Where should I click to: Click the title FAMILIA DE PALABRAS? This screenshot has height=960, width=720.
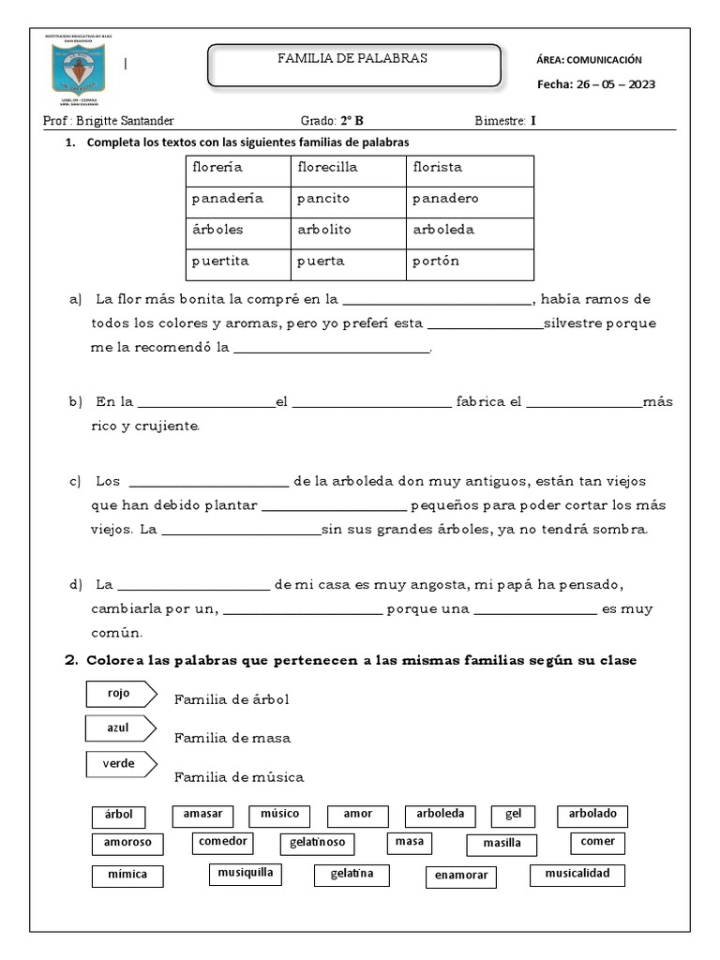(352, 58)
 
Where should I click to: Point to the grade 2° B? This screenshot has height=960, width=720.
(354, 121)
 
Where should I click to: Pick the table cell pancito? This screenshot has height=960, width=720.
(323, 199)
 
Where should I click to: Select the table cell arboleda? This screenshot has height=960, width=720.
(442, 230)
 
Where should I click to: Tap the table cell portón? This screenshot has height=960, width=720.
(436, 262)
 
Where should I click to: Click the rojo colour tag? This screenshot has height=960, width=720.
(120, 694)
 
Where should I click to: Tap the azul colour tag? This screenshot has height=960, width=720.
(120, 728)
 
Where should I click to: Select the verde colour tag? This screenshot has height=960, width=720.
(120, 764)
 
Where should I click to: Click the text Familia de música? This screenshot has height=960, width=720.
(239, 777)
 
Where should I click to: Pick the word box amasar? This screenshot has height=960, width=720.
(202, 815)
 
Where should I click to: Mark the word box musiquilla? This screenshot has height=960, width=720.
(246, 874)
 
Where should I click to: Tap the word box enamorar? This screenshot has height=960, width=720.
(460, 877)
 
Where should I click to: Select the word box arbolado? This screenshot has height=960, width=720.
(592, 815)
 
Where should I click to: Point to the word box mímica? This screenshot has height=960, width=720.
(127, 877)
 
